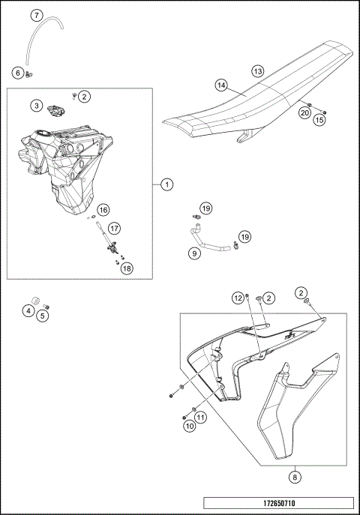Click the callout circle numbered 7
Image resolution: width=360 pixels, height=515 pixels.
point(37,15)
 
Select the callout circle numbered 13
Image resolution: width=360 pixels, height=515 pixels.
point(258,71)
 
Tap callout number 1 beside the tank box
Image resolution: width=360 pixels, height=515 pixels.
point(167,184)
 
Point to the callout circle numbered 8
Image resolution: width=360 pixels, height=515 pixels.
point(295,477)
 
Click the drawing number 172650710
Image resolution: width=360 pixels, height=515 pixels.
point(279,503)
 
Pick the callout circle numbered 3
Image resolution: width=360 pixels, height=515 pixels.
point(37,106)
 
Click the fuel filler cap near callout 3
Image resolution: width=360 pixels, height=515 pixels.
point(55,110)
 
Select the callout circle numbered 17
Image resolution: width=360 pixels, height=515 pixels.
point(114,229)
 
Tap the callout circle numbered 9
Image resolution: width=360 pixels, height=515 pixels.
point(195,253)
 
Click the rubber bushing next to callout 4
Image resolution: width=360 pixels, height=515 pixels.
point(36,301)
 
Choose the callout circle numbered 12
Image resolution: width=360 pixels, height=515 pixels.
point(238,298)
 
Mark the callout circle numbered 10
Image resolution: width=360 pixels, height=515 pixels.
point(190,427)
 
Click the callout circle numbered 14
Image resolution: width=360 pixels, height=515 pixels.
point(222,85)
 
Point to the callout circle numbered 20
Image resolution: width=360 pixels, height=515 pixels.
point(304,113)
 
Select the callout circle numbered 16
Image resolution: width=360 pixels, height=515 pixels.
point(103,210)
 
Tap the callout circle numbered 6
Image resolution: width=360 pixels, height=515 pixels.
point(18,73)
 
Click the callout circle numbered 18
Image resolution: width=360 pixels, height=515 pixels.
point(127,268)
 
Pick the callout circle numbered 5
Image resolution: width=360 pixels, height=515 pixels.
point(42,316)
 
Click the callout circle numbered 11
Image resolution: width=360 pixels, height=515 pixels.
point(201,418)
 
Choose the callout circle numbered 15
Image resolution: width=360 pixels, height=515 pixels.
point(319,120)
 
